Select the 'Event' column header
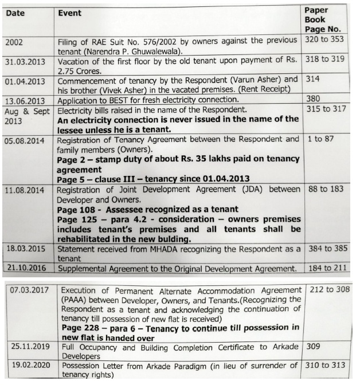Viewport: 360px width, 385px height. [x=70, y=12]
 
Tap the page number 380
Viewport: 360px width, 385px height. [x=312, y=99]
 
